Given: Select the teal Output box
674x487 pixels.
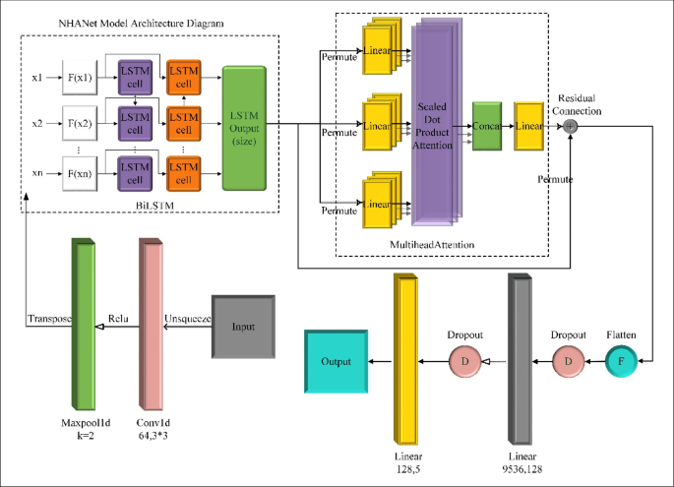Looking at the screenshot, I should point(336,362).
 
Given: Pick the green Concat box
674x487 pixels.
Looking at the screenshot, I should point(486,125).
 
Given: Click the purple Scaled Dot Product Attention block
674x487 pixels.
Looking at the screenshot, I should point(434,127).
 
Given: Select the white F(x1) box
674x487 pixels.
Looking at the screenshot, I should point(81,77).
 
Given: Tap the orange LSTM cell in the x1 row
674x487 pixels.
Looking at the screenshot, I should point(182,77).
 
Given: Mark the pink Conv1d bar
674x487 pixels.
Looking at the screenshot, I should point(151,325).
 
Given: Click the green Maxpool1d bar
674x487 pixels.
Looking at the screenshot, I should point(84,325).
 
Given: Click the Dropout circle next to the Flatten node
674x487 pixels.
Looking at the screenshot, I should point(567,363).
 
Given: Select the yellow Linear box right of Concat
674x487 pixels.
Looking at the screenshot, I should point(529,125).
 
